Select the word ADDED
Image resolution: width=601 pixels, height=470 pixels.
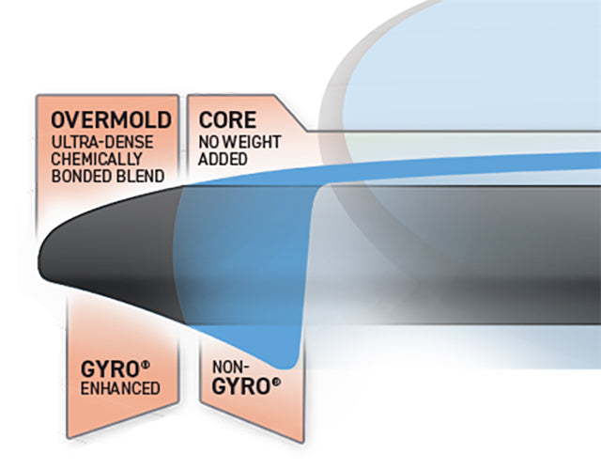click(223, 160)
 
